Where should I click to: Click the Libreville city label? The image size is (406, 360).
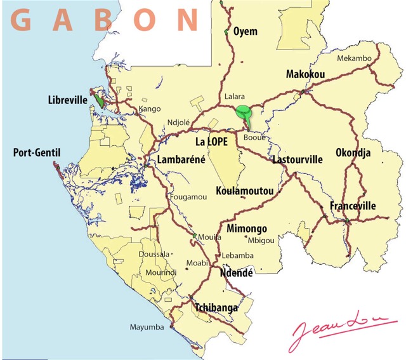[x=68, y=100]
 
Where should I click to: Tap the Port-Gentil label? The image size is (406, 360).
[x=36, y=153]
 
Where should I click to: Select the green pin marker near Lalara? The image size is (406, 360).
[x=242, y=113]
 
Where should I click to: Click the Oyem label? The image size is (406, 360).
[x=246, y=31]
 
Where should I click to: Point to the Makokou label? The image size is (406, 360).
[x=305, y=74]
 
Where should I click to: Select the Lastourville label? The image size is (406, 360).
[x=297, y=159]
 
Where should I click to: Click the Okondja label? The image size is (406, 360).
[x=353, y=153]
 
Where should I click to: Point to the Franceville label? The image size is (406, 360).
[x=353, y=206]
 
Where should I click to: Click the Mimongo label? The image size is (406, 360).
[x=247, y=229]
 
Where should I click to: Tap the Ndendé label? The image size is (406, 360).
[x=236, y=273]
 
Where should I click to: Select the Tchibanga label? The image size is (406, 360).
[x=216, y=308]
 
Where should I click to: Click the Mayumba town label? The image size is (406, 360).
[x=147, y=328]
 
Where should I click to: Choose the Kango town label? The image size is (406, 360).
[x=150, y=109]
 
